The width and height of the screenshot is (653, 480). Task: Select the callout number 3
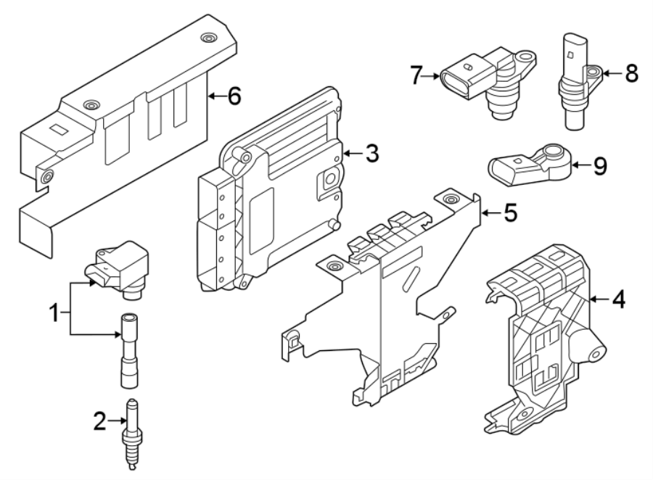(371, 153)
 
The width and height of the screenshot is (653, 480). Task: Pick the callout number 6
(234, 95)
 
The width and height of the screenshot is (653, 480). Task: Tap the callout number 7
(416, 75)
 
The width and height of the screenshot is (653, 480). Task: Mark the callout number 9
(599, 166)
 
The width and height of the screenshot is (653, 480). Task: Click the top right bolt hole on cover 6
(209, 38)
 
